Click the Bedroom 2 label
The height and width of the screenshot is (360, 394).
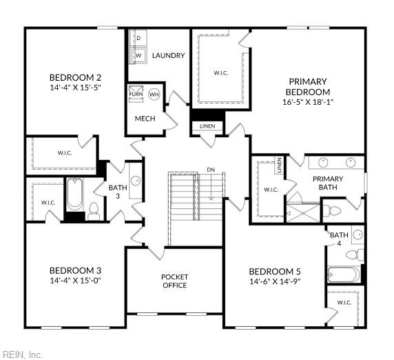76,77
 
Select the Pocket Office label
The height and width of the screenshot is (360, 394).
174,281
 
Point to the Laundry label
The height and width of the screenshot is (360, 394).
168,56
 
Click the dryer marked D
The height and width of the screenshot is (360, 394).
138,37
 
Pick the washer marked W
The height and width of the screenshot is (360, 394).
138,54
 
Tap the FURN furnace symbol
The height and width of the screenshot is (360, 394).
136,94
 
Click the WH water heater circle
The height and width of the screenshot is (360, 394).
154,94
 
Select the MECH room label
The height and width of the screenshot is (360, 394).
145,119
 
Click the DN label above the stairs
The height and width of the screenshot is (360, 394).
211,169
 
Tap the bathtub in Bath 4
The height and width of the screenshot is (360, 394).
343,274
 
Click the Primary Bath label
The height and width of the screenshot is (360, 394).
328,183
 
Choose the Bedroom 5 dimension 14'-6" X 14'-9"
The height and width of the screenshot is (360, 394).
276,281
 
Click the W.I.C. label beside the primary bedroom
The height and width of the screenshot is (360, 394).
220,72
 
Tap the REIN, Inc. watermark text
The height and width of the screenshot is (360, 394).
21,354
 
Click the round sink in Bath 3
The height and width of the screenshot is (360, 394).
135,181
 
